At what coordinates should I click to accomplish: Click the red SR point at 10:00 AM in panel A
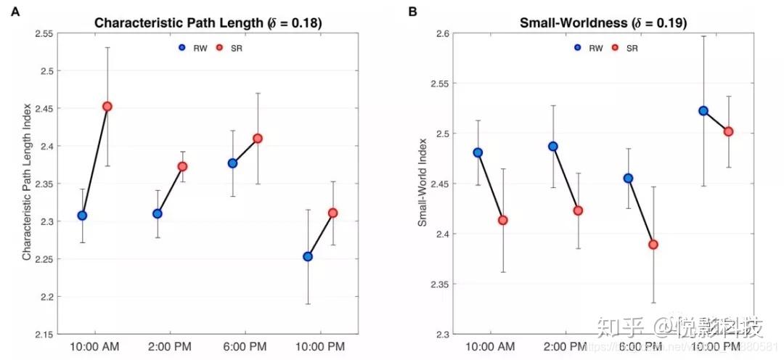(x=107, y=106)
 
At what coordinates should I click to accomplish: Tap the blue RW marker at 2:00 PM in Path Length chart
(x=158, y=213)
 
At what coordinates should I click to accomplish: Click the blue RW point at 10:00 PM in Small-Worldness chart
(x=703, y=110)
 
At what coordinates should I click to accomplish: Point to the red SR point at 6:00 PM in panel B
(x=653, y=245)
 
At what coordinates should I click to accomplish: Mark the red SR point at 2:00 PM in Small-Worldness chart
(x=578, y=210)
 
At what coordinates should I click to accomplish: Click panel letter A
(x=14, y=12)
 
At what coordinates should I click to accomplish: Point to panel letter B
(x=412, y=12)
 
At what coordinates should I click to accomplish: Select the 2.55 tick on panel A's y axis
(x=43, y=33)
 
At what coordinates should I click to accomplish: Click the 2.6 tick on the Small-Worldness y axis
(x=441, y=33)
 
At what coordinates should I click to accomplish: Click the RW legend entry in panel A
(x=192, y=48)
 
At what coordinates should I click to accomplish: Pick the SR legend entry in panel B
(x=626, y=48)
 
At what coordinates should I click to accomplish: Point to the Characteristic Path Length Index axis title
(x=26, y=182)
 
